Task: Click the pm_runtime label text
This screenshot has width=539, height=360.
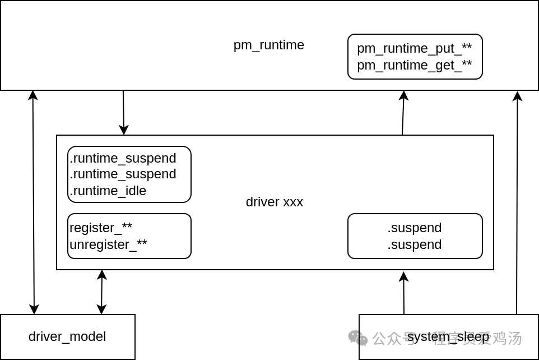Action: [x=268, y=45]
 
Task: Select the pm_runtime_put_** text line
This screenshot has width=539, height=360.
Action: [x=414, y=48]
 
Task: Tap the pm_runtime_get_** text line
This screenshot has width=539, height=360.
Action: [x=414, y=65]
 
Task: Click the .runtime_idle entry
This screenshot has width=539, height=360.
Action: [x=108, y=191]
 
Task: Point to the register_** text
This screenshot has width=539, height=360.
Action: [x=101, y=228]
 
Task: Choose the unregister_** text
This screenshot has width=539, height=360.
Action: [x=108, y=244]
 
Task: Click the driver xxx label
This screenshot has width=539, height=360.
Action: [x=274, y=202]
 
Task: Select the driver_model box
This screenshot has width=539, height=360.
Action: [x=67, y=336]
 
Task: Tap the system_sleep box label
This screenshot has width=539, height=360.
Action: [x=448, y=337]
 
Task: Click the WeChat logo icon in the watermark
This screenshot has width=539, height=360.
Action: [x=358, y=338]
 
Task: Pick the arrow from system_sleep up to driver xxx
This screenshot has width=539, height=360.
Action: [x=404, y=293]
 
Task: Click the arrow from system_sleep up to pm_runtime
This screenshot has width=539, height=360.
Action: [x=517, y=202]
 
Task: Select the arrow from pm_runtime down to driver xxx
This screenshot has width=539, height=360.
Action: [x=124, y=112]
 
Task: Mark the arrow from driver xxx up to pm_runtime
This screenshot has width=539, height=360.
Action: [x=403, y=112]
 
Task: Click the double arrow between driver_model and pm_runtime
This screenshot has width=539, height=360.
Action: [x=34, y=202]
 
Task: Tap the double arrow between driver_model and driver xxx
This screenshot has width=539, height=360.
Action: [x=101, y=292]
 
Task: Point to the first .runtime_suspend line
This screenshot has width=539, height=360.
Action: [x=123, y=158]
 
